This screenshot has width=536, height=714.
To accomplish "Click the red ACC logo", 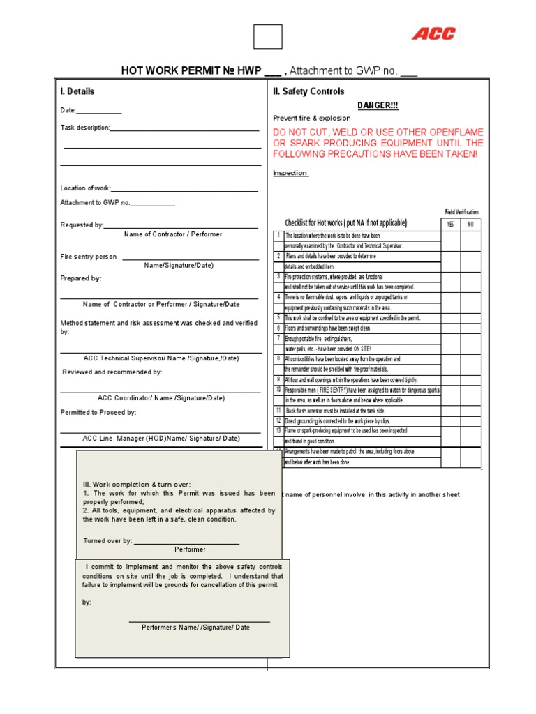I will [433, 33].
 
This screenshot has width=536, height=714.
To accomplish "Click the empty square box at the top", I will [268, 37].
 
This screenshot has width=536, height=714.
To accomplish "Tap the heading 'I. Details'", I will [77, 91].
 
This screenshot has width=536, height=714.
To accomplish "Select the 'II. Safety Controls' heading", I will [308, 91].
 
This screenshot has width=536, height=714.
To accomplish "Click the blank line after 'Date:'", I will [98, 112].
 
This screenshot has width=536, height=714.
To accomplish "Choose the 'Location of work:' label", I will [85, 188].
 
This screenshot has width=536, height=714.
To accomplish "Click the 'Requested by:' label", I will [82, 225].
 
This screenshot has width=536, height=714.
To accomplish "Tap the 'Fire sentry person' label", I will [89, 257].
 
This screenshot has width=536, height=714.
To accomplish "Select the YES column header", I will [450, 225].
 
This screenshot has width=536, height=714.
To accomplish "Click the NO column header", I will [470, 225].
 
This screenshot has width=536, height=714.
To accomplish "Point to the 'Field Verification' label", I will [461, 212].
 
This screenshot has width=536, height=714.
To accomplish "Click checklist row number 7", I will [278, 338].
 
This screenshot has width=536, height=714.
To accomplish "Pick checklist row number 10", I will [278, 390].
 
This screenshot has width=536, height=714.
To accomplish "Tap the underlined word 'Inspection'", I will [290, 173].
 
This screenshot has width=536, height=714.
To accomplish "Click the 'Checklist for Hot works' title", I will [342, 223].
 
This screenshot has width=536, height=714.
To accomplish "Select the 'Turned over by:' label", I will [107, 541].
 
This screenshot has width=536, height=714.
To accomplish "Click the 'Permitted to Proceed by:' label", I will [98, 412].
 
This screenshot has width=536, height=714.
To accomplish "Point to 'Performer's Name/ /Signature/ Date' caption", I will [195, 628].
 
